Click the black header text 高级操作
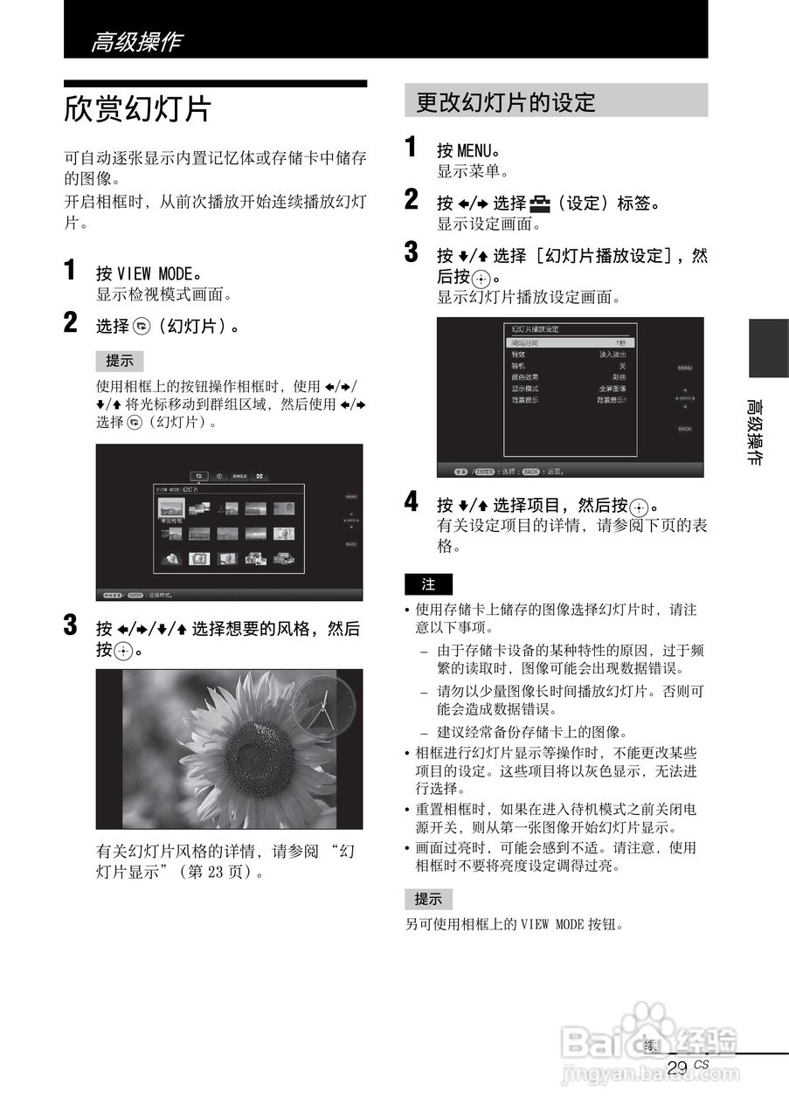pos(136,41)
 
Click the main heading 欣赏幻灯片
pos(138,110)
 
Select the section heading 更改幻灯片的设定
pos(505,102)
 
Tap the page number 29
pos(676,1067)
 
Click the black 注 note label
pos(428,584)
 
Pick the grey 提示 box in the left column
pos(119,361)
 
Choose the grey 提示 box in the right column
pos(428,899)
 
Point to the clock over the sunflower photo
pos(323,704)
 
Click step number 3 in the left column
pos(72,625)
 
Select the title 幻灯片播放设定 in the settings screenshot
pos(535,329)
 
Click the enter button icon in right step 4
pos(640,507)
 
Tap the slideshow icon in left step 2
pos(142,327)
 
